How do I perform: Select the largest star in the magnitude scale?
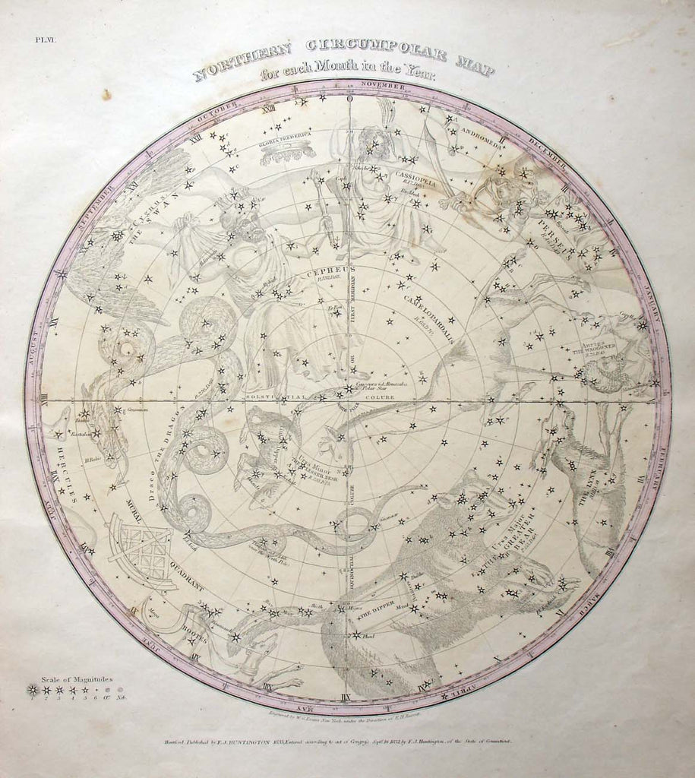tap(31, 689)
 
